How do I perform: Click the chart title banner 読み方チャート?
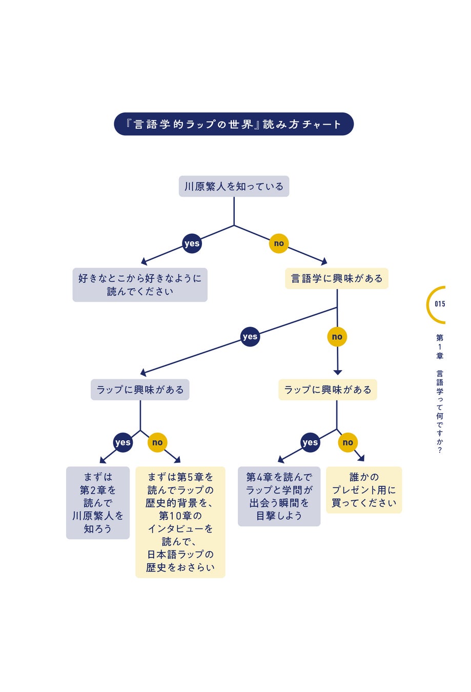tap(234, 124)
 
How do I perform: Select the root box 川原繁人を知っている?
tap(234, 187)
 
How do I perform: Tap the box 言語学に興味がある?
tap(337, 278)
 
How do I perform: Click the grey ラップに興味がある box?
tap(140, 390)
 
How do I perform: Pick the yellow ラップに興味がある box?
tap(327, 390)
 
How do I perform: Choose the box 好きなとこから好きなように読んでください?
tap(140, 284)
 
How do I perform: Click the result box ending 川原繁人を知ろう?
tap(98, 502)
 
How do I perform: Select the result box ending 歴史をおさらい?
tap(180, 522)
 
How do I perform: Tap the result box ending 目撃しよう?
tap(279, 496)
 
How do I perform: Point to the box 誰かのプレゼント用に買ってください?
tap(364, 490)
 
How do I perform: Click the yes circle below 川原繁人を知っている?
tap(192, 243)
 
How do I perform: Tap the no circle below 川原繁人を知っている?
tap(279, 243)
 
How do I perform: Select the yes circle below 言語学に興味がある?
tap(250, 337)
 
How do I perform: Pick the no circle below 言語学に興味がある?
tap(337, 337)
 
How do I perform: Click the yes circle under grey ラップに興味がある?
tap(123, 442)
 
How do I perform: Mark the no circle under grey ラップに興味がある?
tap(157, 442)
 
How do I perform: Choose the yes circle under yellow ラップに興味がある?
tap(310, 442)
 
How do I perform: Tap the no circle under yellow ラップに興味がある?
tap(348, 442)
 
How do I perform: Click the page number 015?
tap(440, 304)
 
